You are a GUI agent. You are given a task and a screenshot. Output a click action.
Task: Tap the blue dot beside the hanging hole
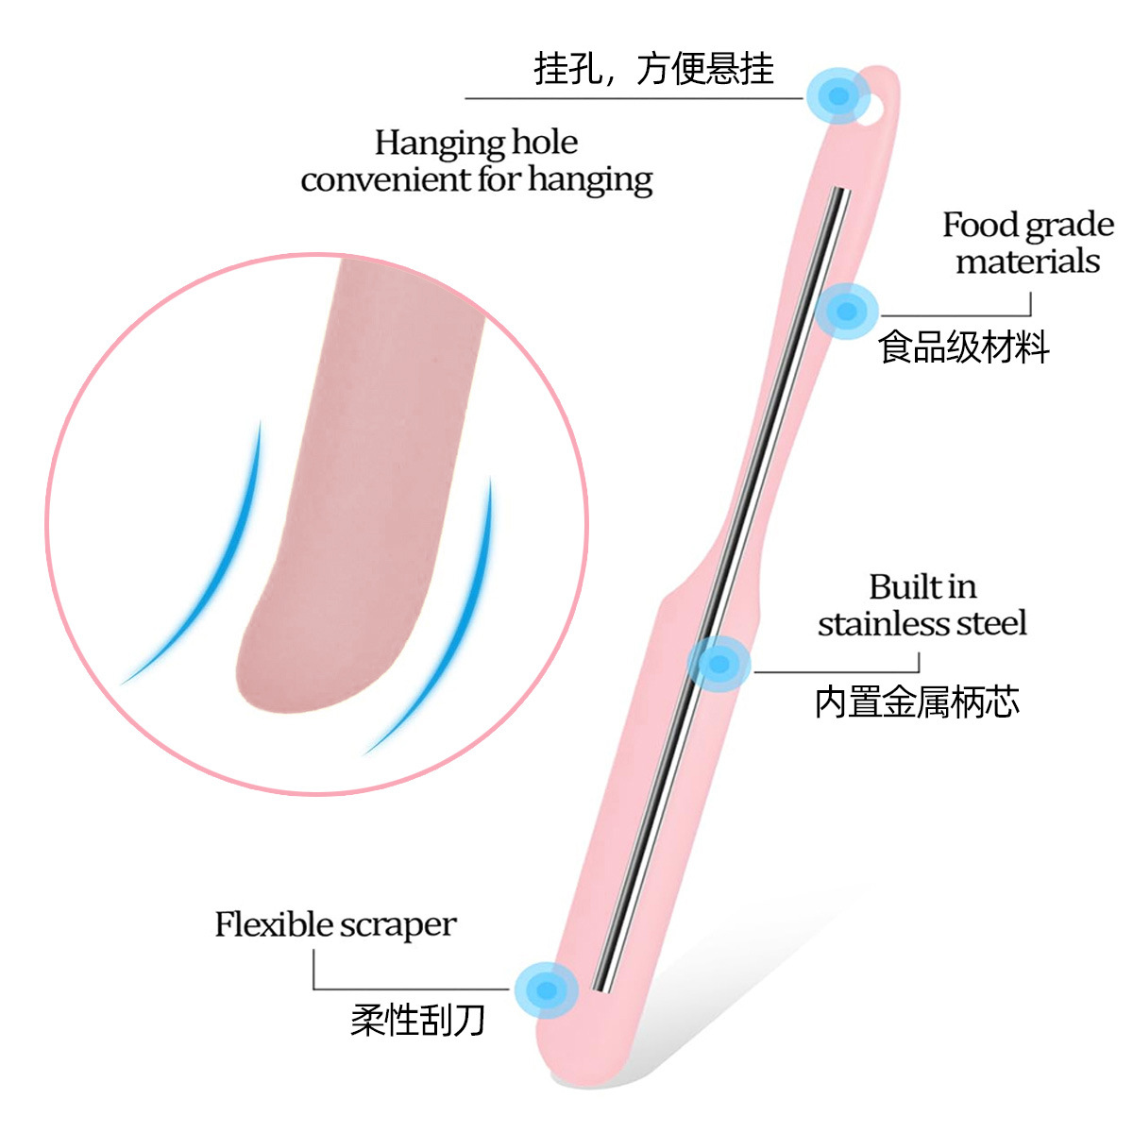pos(837,94)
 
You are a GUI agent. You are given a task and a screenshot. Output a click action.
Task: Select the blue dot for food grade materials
pos(847,311)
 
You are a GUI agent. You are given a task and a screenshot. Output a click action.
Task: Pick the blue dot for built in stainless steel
pos(719,664)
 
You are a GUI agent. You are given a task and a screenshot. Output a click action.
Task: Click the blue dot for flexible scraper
pos(546,989)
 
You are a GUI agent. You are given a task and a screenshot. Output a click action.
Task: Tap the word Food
pos(980,225)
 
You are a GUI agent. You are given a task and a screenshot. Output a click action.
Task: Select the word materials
pos(1027,261)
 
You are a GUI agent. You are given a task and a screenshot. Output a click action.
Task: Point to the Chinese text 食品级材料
pos(963,347)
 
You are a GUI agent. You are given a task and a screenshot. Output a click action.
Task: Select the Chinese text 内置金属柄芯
pos(916,702)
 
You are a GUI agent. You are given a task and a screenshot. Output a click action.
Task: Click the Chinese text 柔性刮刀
pos(417,1020)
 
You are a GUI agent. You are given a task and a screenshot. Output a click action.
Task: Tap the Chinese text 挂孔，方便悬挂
pos(653,69)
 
